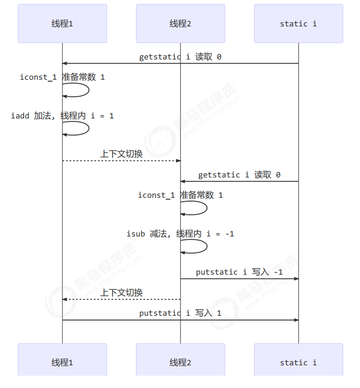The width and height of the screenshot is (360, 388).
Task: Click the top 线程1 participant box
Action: (x=62, y=24)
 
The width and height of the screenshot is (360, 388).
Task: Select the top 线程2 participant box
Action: (x=180, y=24)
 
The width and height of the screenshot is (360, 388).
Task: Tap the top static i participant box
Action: (x=299, y=24)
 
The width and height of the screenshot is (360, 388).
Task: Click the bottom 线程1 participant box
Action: (x=62, y=360)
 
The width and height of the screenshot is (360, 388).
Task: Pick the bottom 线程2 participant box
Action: (x=180, y=360)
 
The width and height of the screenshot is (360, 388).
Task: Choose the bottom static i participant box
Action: (x=299, y=360)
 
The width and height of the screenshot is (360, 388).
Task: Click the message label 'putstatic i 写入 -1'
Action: (x=239, y=272)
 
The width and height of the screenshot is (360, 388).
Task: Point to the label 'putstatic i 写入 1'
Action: (x=180, y=313)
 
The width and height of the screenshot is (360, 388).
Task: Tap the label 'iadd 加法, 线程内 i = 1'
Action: (x=62, y=116)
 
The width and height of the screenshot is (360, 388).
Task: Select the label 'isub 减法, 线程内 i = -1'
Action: (x=180, y=234)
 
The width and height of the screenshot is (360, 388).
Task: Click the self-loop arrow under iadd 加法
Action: (x=76, y=128)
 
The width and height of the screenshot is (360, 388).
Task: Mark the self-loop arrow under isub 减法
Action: (x=194, y=246)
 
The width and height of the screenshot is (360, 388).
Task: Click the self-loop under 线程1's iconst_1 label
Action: (x=76, y=90)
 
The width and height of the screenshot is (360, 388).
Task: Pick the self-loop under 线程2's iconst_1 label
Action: (x=194, y=208)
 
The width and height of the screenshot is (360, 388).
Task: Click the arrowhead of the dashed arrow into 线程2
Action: (x=178, y=161)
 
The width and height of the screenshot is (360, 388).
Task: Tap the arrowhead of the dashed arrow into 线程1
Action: (x=65, y=299)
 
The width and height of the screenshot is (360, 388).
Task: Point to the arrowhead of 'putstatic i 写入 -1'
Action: (x=296, y=279)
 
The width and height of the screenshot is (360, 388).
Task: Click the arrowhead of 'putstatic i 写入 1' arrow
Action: (x=296, y=320)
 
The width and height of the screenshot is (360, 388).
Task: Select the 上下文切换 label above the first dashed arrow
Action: (x=121, y=154)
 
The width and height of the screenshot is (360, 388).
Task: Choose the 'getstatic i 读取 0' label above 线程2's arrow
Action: (x=239, y=175)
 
